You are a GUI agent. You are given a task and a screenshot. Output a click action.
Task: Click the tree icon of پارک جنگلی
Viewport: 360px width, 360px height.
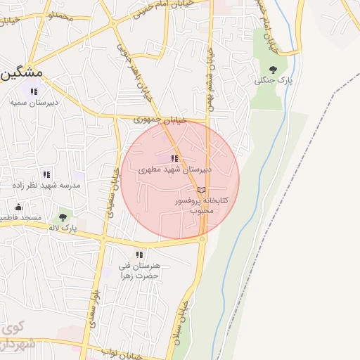click(273, 69)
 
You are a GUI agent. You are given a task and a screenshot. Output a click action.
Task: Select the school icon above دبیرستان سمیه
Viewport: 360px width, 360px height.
click(33, 91)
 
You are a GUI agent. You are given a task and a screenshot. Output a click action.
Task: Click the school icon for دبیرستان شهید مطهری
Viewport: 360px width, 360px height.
click(174, 159)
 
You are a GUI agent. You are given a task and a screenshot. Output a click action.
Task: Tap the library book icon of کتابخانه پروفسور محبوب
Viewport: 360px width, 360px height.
click(201, 190)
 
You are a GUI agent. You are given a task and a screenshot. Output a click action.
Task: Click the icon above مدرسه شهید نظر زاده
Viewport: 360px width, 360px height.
click(46, 174)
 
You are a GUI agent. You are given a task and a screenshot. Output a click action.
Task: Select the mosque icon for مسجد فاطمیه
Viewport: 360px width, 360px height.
click(19, 207)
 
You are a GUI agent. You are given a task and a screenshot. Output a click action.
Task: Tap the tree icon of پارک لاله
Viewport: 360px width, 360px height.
click(63, 217)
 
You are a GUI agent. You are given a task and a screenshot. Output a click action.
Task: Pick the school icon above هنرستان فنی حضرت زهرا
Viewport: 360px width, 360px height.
click(139, 255)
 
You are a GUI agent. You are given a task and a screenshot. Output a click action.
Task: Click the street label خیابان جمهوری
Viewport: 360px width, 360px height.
click(161, 120)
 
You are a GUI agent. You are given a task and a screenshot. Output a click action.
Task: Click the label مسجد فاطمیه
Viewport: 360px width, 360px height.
click(21, 218)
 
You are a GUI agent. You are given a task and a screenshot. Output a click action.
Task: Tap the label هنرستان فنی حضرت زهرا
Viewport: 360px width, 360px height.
click(139, 271)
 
